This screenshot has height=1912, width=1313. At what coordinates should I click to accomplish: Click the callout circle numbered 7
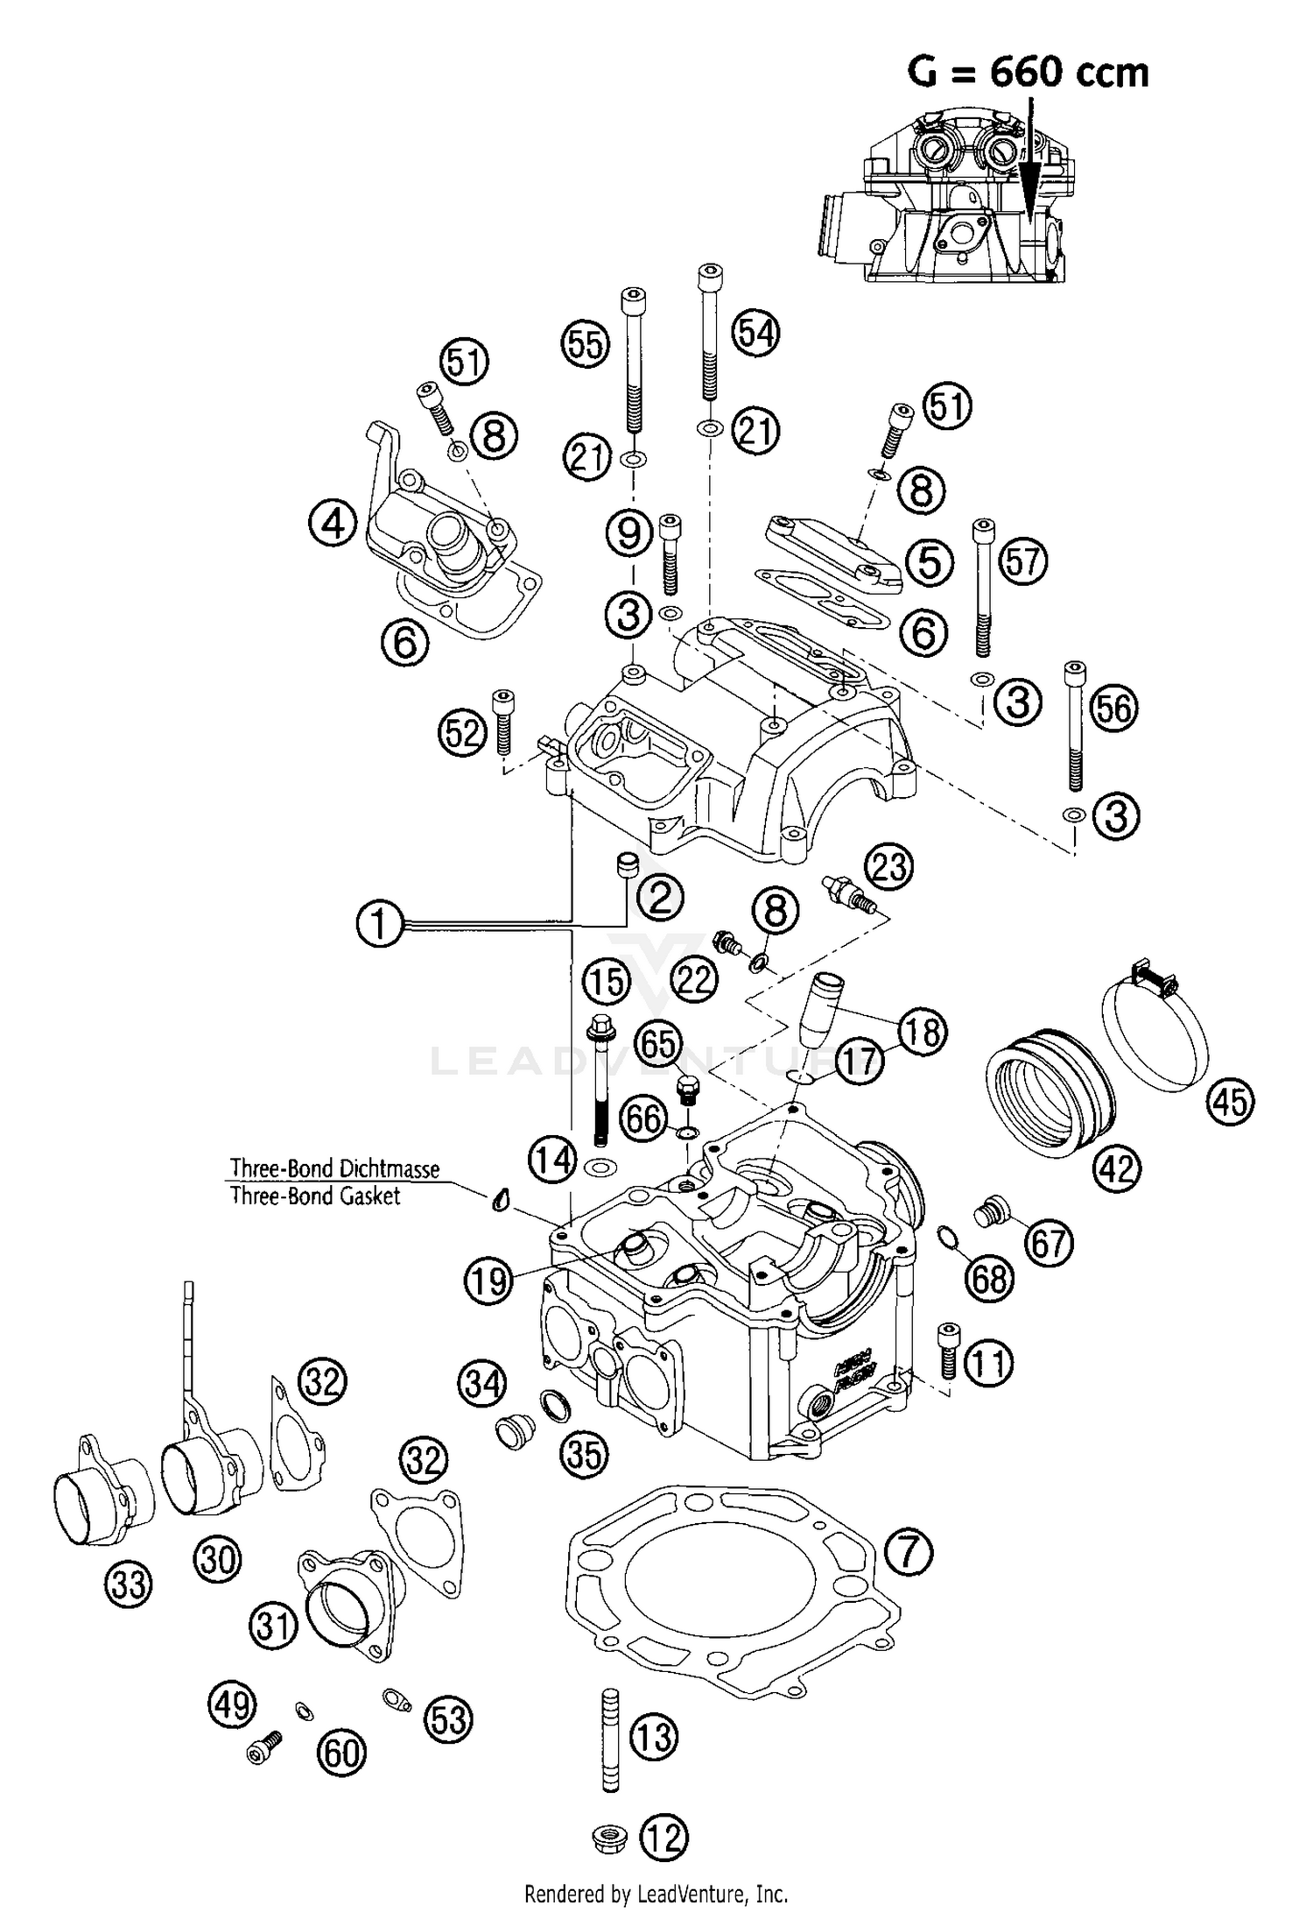tap(909, 1552)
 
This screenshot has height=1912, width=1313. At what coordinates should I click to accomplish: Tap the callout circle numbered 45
tap(1230, 1101)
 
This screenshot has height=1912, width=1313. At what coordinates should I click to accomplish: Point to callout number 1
tap(380, 925)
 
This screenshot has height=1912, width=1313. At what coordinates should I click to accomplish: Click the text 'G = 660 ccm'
tap(1028, 72)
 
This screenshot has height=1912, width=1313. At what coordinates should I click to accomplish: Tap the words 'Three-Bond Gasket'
tap(315, 1196)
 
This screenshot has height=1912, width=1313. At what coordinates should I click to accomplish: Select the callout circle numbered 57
tap(1022, 561)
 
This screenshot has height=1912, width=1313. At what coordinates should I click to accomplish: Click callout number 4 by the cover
tap(333, 525)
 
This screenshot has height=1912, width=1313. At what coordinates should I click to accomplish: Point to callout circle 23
tap(889, 868)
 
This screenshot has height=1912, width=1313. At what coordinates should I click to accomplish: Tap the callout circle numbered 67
tap(1049, 1243)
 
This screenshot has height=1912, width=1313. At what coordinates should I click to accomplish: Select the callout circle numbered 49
tap(232, 1704)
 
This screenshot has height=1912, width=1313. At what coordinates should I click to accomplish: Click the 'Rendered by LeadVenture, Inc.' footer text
tap(656, 1894)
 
